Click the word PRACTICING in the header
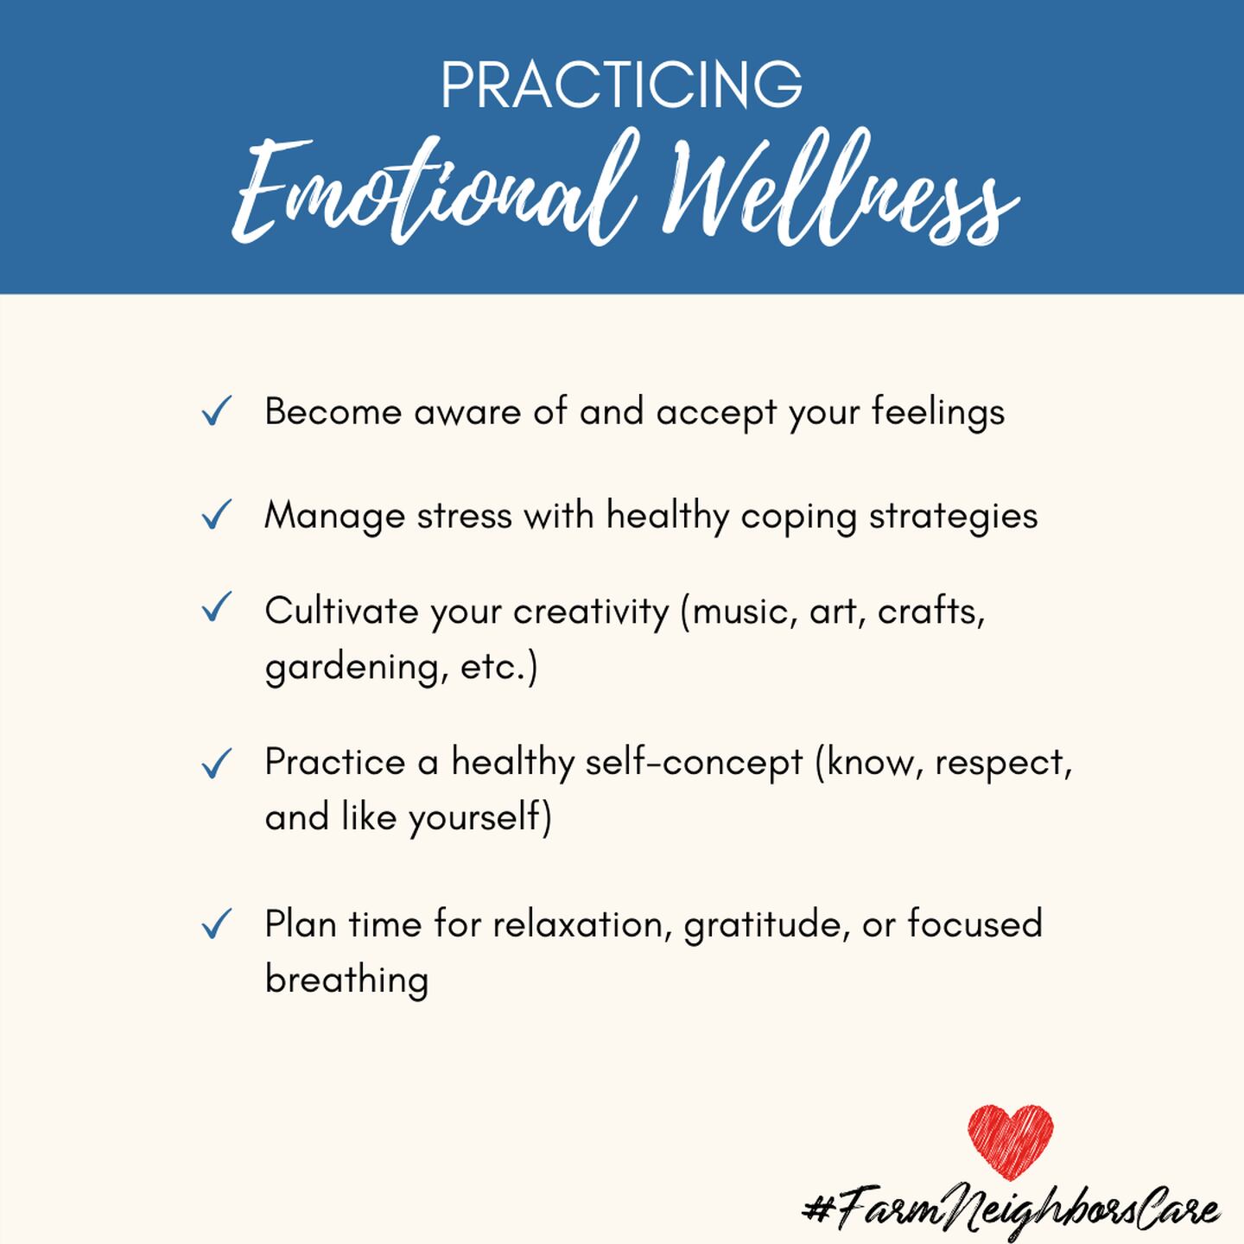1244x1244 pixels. pos(622,85)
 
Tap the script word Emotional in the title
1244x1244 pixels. pos(429,190)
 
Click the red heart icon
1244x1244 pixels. pos(1011,1142)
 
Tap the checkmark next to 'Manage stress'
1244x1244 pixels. pos(216,515)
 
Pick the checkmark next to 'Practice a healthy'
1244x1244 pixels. pos(216,764)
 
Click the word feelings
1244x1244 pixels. pos(938,413)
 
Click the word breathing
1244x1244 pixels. pos(346,980)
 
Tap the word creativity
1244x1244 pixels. pos(591,612)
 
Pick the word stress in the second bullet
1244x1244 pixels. pos(465,517)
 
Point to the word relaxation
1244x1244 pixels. pos(579,924)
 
